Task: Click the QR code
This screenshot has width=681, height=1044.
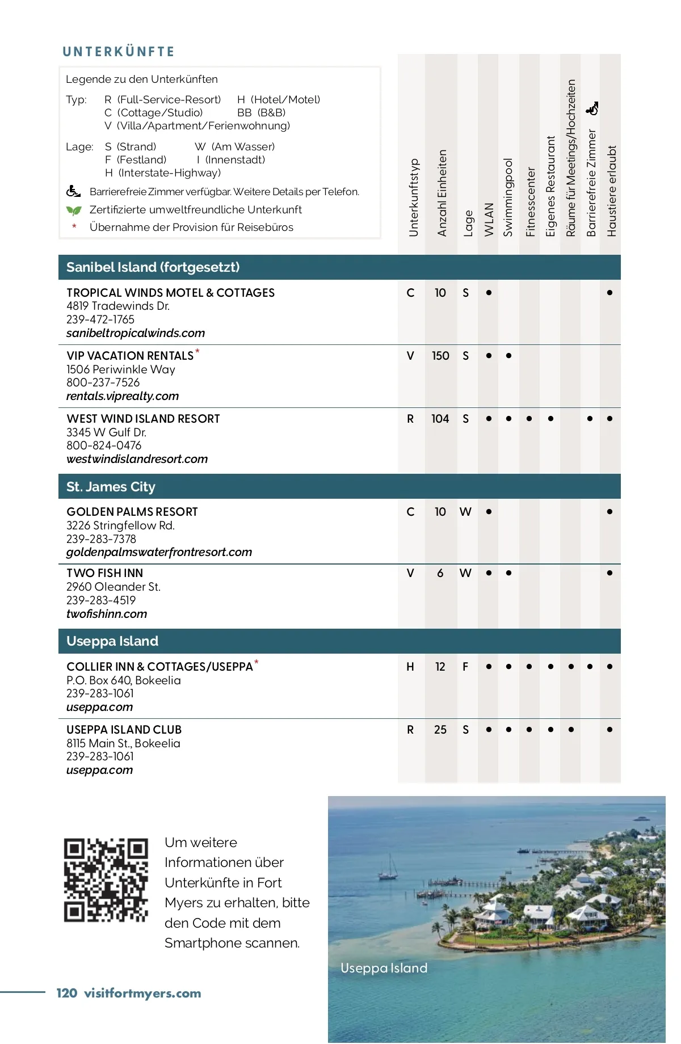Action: tap(106, 880)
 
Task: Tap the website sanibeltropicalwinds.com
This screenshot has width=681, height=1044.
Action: tap(135, 333)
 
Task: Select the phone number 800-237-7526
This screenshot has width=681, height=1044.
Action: tap(103, 382)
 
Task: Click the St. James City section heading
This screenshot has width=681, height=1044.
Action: tap(111, 487)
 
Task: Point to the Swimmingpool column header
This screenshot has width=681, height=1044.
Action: tap(508, 197)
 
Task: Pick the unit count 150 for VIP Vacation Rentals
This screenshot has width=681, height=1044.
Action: tap(440, 356)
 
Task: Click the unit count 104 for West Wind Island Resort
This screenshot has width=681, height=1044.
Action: tap(440, 419)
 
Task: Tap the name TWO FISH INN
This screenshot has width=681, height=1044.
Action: tap(104, 573)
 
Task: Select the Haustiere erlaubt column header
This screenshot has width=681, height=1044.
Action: tap(611, 191)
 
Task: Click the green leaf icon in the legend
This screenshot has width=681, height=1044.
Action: tap(74, 211)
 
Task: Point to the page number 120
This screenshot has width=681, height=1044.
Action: tap(66, 993)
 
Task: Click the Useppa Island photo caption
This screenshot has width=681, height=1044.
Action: tap(384, 968)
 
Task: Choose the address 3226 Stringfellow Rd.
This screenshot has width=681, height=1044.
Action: tap(120, 525)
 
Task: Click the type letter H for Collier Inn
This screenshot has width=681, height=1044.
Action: tap(410, 667)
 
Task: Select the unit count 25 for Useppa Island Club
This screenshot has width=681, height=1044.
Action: tap(440, 730)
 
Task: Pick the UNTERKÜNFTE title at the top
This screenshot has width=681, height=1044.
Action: tap(119, 52)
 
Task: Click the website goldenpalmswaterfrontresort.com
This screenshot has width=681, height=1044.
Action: tap(159, 552)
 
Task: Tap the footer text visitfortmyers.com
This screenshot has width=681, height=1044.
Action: tap(142, 993)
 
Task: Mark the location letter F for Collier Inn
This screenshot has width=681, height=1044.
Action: tap(465, 667)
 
